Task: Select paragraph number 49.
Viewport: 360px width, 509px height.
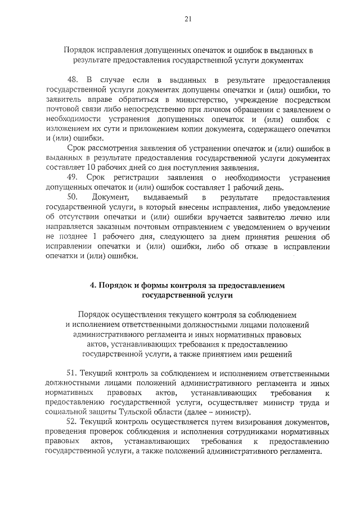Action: [71, 178]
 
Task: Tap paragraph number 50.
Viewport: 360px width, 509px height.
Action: [71, 197]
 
